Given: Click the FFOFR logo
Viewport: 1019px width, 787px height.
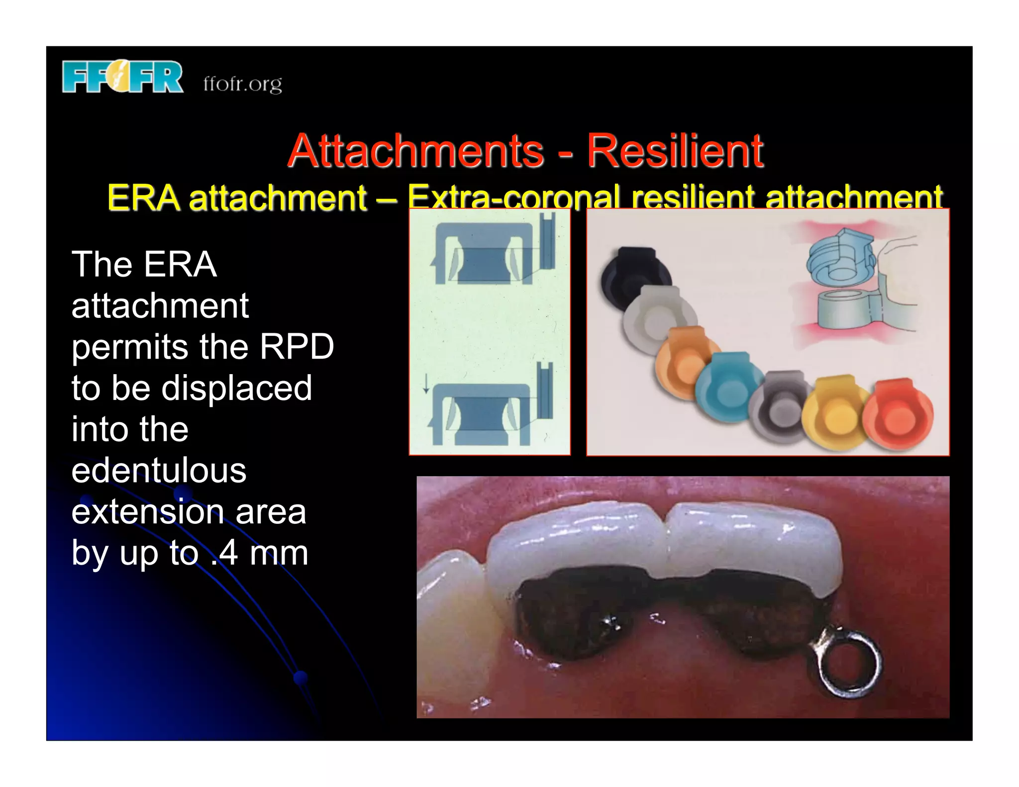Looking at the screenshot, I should pyautogui.click(x=122, y=77).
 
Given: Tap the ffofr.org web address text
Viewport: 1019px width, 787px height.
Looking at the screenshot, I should pyautogui.click(x=242, y=84).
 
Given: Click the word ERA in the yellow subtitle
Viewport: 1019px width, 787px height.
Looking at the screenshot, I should pyautogui.click(x=143, y=197).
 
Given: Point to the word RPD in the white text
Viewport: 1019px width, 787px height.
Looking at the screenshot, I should pyautogui.click(x=297, y=346).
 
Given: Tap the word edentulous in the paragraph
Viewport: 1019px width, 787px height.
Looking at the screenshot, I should pyautogui.click(x=159, y=470).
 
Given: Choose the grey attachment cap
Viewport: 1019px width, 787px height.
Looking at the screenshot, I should pyautogui.click(x=780, y=406).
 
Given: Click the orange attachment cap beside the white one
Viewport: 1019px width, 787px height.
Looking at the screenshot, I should pyautogui.click(x=687, y=362).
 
